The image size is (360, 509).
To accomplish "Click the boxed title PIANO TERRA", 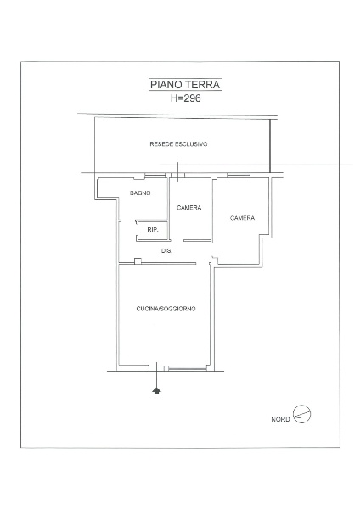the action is (x=185, y=85).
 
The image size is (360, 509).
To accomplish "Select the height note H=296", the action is (x=186, y=98).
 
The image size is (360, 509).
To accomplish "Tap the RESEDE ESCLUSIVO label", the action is (x=178, y=144).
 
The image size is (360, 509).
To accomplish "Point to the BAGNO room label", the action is (x=140, y=193).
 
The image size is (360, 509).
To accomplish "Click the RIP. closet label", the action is (x=153, y=230).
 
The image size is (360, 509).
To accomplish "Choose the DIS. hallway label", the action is (x=166, y=250).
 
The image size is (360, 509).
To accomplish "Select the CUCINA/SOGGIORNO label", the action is (x=166, y=309).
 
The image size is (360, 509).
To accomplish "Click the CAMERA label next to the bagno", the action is (x=189, y=207).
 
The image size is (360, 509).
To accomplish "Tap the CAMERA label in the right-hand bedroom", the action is (x=242, y=218).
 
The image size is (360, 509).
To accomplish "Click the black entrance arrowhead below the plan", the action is (x=156, y=390).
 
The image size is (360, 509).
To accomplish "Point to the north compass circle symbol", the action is (x=302, y=414).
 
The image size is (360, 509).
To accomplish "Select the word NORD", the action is (x=280, y=419).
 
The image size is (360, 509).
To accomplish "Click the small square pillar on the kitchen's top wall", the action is (x=138, y=261).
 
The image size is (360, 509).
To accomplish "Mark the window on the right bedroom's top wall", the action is (x=239, y=176).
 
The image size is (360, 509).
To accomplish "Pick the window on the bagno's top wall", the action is (x=155, y=176).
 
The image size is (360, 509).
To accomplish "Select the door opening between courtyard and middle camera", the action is (x=177, y=176).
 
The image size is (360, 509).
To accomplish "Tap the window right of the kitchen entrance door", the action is (x=188, y=368).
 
